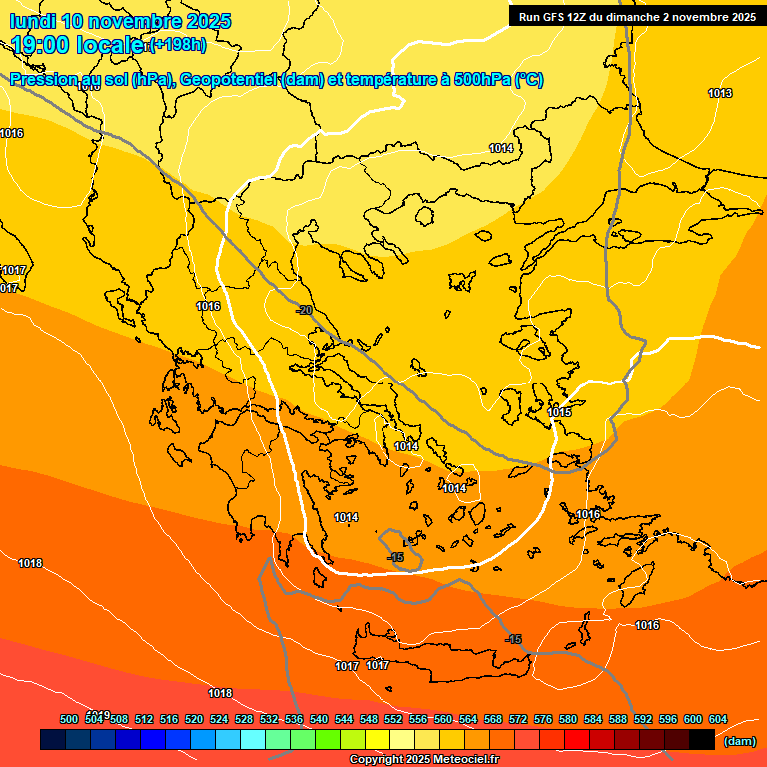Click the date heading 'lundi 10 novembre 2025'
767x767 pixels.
pyautogui.click(x=120, y=21)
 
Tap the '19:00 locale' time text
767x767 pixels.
pyautogui.click(x=78, y=44)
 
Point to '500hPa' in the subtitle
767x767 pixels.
pyautogui.click(x=483, y=80)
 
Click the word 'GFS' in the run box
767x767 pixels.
pyautogui.click(x=557, y=17)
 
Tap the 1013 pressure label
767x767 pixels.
pyautogui.click(x=720, y=93)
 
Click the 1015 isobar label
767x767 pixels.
pyautogui.click(x=559, y=412)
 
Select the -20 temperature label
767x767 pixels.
pyautogui.click(x=304, y=310)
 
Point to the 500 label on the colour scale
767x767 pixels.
pyautogui.click(x=69, y=719)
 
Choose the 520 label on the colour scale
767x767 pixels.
pyautogui.click(x=194, y=719)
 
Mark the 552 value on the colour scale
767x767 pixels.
pyautogui.click(x=393, y=719)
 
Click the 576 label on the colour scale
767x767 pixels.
pyautogui.click(x=543, y=719)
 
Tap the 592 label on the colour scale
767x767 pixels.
pyautogui.click(x=643, y=719)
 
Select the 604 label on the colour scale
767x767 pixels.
pyautogui.click(x=717, y=719)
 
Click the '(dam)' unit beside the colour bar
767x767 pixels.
pyautogui.click(x=739, y=741)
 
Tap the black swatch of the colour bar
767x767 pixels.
pyautogui.click(x=702, y=740)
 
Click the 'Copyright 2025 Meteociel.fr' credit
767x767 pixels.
pyautogui.click(x=424, y=759)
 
